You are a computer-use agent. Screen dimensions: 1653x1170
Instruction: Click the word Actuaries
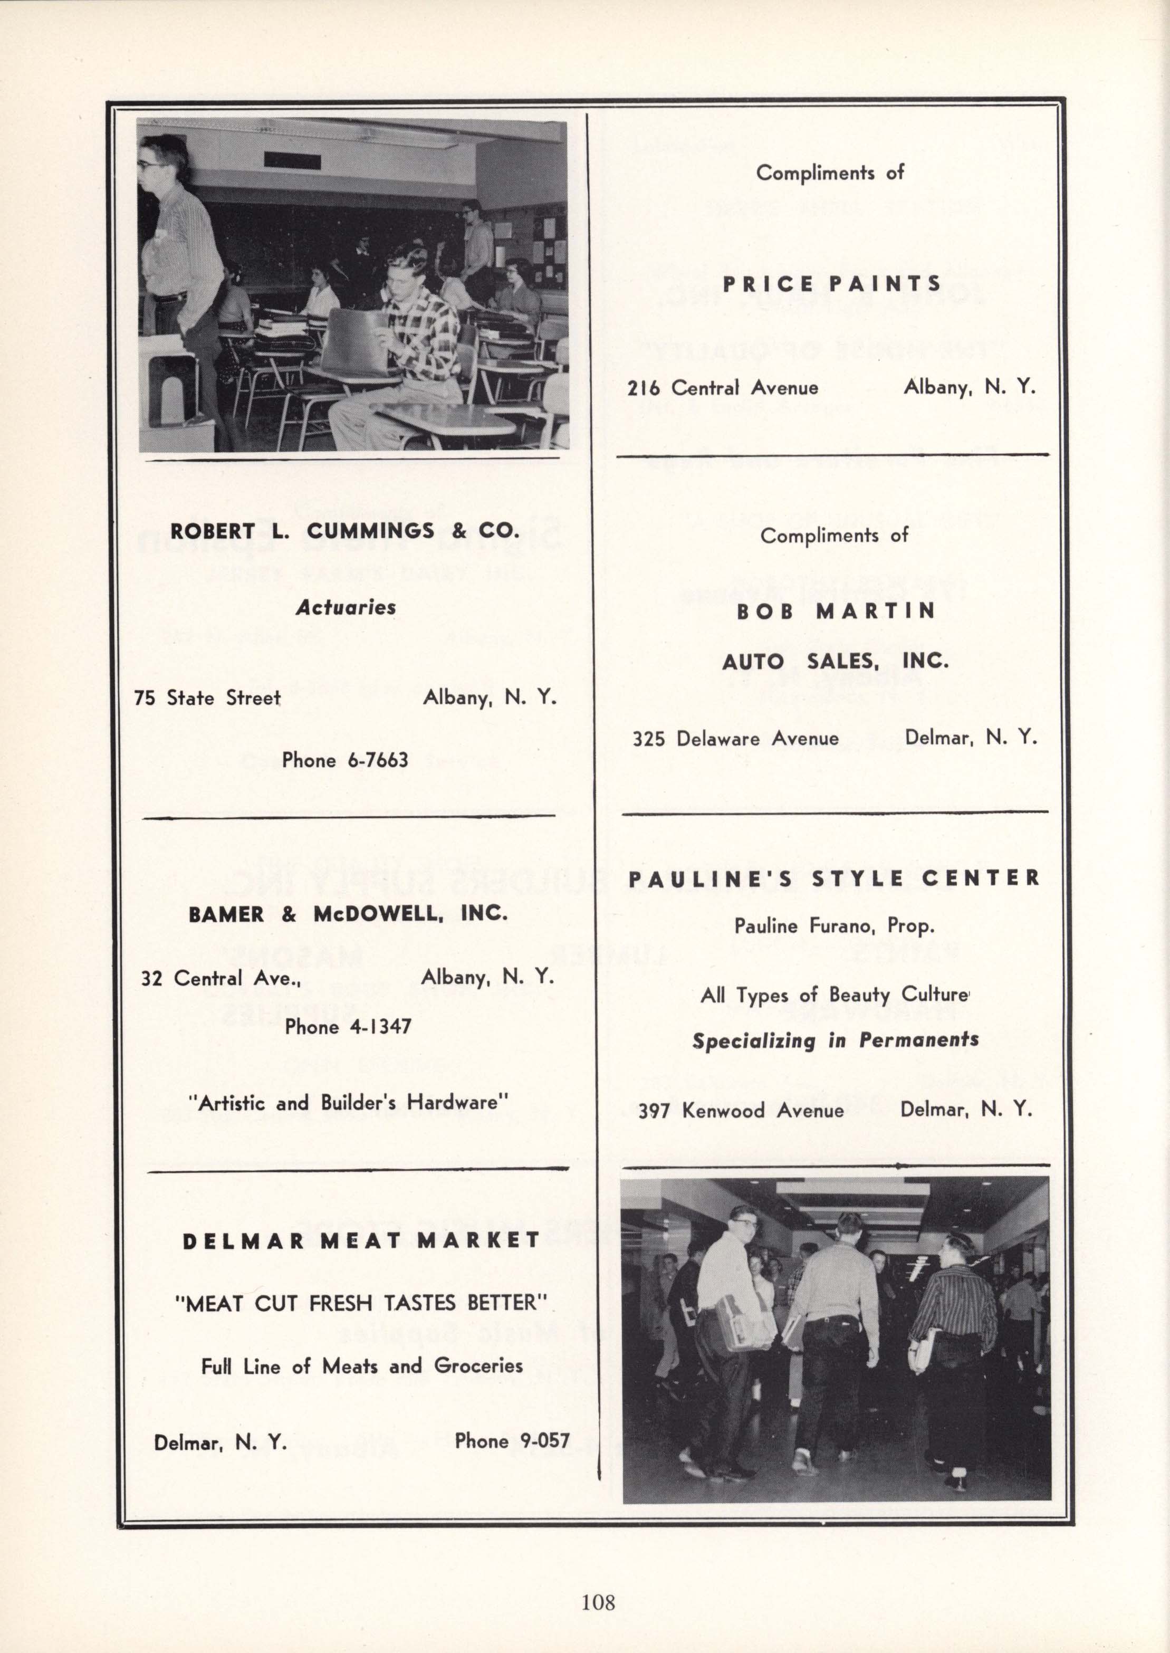point(346,607)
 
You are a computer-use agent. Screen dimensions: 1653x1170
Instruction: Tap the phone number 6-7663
point(378,760)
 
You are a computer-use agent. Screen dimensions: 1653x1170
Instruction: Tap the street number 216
point(644,388)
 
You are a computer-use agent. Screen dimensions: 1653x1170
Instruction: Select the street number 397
point(655,1111)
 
